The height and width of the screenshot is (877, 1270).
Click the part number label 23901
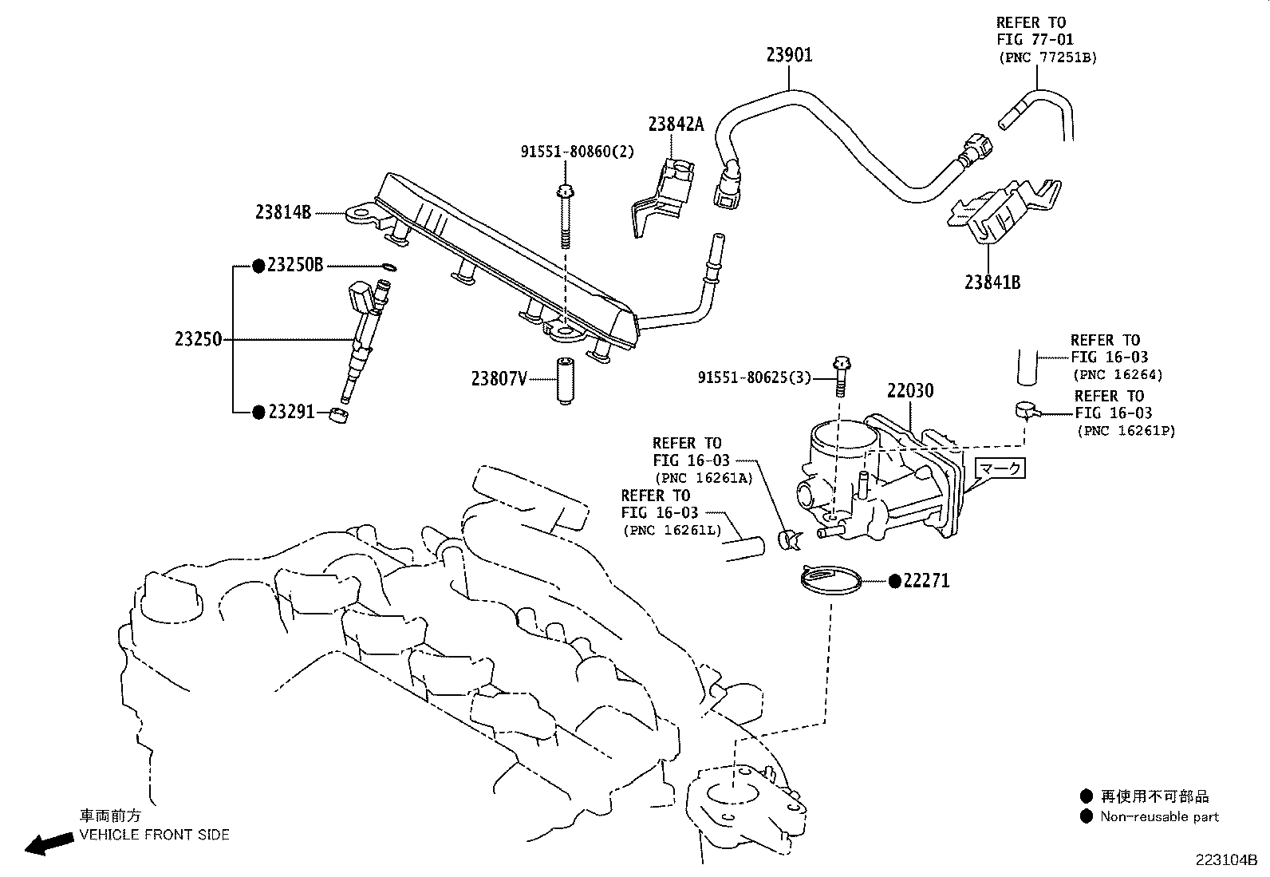pyautogui.click(x=789, y=55)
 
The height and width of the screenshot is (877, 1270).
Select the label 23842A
pyautogui.click(x=676, y=124)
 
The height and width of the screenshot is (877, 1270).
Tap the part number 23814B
pyautogui.click(x=282, y=212)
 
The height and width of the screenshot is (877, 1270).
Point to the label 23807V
pyautogui.click(x=499, y=379)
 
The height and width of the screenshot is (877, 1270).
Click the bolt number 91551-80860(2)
pyautogui.click(x=578, y=151)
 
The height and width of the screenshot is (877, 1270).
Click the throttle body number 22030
pyautogui.click(x=910, y=391)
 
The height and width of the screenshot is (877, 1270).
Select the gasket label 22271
pyautogui.click(x=926, y=581)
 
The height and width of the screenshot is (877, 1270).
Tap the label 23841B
pyautogui.click(x=992, y=282)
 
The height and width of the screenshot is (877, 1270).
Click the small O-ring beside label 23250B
pyautogui.click(x=388, y=267)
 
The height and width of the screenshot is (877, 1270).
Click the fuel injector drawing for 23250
pyautogui.click(x=363, y=339)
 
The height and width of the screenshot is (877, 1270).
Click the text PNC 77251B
pyautogui.click(x=1047, y=57)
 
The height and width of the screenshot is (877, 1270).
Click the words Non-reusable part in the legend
pyautogui.click(x=1159, y=816)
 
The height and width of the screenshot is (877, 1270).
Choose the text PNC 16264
pyautogui.click(x=1117, y=374)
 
